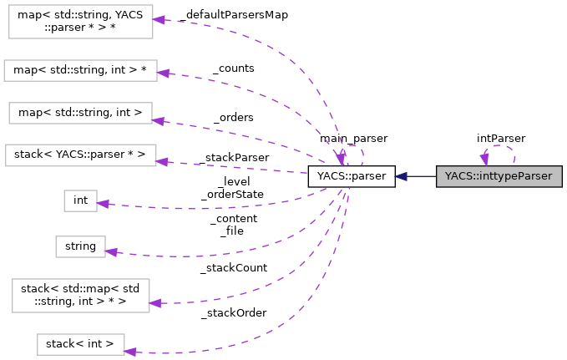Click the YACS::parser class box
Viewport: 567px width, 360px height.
tap(351, 176)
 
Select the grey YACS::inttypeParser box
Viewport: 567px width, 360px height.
tap(499, 176)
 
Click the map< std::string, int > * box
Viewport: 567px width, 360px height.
tap(80, 70)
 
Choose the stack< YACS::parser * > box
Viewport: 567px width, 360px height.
tap(80, 155)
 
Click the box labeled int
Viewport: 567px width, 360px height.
tap(80, 200)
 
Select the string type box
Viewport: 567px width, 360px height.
tap(80, 246)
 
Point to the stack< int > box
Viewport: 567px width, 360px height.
tap(80, 343)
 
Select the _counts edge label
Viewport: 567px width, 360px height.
tap(233, 68)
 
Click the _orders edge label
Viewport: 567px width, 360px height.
tap(233, 118)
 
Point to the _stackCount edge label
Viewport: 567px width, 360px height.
tap(233, 268)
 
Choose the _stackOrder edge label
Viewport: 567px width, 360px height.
tap(233, 313)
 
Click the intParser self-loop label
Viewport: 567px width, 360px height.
tap(501, 138)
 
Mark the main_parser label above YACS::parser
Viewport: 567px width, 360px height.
tap(353, 138)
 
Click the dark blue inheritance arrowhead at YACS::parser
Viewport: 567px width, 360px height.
tap(402, 176)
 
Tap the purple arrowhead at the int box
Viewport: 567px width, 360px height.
tap(104, 203)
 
